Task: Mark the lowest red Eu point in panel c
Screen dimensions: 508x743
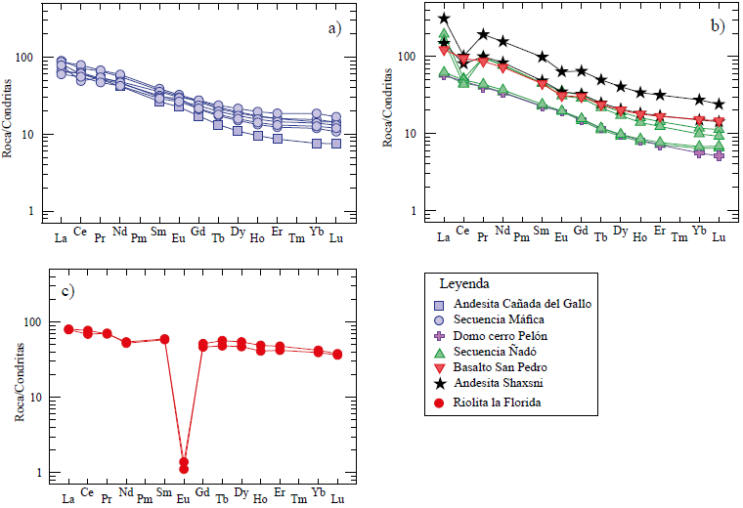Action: [x=183, y=469]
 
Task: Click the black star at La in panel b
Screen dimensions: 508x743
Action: [x=444, y=19]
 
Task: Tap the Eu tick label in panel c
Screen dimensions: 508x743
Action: [x=182, y=492]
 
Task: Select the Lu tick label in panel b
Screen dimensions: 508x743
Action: [x=719, y=237]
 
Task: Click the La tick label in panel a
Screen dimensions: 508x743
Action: [x=61, y=237]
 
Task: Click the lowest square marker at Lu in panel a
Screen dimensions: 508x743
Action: [x=335, y=144]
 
